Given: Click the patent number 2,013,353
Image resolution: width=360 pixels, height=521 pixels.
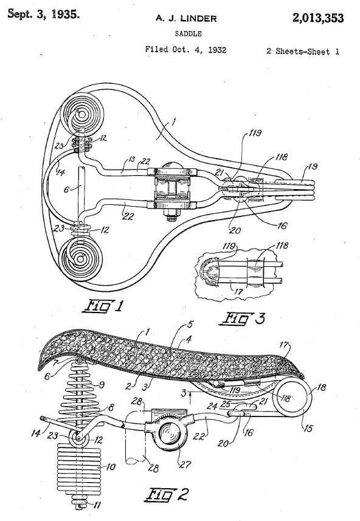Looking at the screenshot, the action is [318, 18].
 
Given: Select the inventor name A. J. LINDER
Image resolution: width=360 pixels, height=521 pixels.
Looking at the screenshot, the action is [186, 19].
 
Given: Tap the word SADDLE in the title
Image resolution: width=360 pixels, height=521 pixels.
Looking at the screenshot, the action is [188, 33].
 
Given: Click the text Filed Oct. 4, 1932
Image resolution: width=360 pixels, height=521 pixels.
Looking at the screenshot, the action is [186, 50].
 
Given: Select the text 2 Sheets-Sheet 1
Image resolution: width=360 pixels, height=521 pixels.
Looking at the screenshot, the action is [303, 52].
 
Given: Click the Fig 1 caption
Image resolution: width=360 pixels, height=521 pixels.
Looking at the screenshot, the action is [102, 306].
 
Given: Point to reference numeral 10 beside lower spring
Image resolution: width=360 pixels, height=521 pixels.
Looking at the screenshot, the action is [110, 467].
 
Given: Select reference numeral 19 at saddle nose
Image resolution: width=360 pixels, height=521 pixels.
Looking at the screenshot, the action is [313, 167].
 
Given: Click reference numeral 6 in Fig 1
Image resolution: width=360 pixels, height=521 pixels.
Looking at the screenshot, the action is [66, 189].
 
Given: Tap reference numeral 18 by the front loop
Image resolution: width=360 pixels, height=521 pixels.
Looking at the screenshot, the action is [322, 387].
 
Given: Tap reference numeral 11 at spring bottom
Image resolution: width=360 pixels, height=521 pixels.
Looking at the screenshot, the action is [97, 505].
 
